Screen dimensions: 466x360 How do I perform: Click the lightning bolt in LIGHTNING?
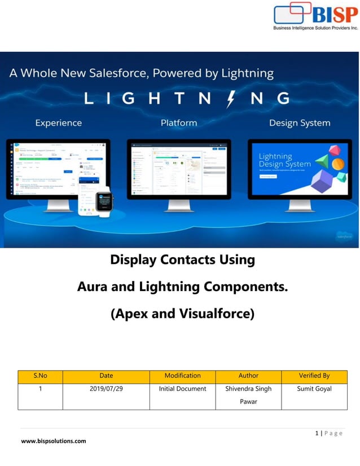231,99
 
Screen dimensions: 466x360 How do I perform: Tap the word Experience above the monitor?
58,123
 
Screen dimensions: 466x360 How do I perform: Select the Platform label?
179,123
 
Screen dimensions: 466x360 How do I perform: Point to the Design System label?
299,123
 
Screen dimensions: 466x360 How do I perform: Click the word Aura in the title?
93,287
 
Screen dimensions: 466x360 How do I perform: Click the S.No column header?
40,376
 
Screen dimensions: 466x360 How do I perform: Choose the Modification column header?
182,376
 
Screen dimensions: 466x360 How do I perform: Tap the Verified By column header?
314,376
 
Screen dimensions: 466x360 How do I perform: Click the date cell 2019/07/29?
106,389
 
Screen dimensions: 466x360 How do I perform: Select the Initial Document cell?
182,389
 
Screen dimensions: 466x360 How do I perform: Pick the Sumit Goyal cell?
314,389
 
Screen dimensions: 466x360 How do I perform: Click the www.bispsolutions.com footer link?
54,441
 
